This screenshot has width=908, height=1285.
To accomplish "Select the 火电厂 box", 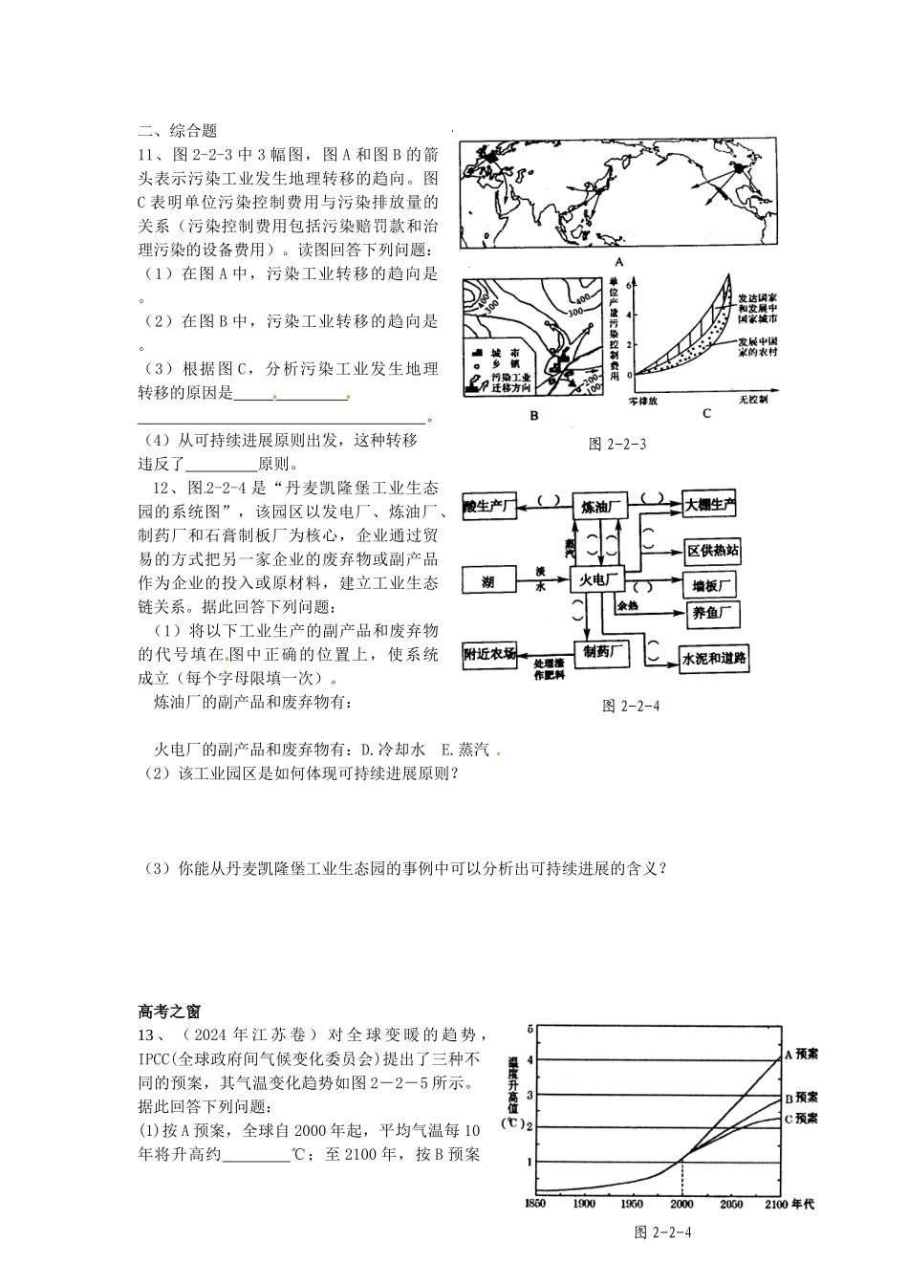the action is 597,578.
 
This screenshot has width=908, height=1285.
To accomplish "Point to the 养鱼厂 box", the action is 713,614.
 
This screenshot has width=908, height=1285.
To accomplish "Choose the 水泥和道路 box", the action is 714,658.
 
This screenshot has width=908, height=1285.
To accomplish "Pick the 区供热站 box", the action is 713,551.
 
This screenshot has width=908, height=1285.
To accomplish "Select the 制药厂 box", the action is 604,651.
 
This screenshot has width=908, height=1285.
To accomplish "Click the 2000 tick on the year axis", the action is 681,1204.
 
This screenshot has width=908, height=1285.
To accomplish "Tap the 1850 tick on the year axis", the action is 534,1204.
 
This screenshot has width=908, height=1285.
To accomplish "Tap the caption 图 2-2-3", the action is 618,444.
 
